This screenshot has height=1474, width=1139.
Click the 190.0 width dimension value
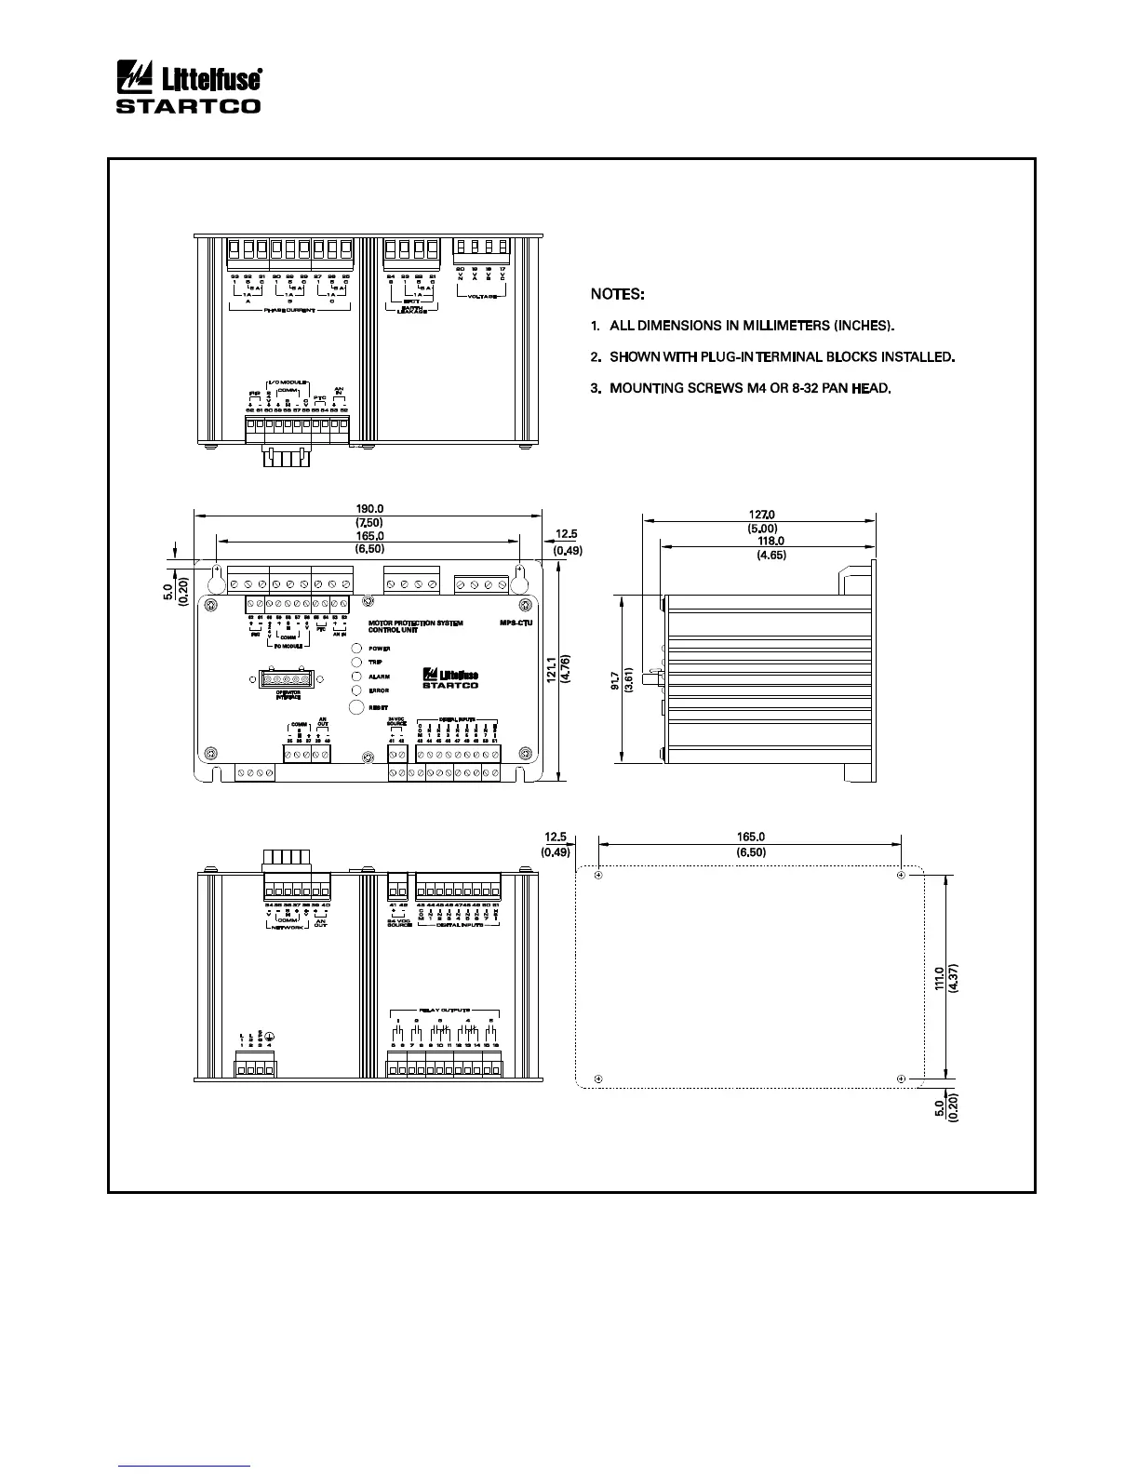click(369, 509)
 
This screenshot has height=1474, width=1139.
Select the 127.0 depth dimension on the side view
click(761, 514)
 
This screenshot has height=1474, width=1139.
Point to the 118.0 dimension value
click(771, 541)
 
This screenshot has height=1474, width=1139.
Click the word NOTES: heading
click(617, 294)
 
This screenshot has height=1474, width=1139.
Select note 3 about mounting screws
click(741, 387)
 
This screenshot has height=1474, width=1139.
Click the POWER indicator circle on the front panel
click(355, 649)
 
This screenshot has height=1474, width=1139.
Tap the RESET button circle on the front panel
click(355, 707)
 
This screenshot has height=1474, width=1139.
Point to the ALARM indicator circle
click(355, 677)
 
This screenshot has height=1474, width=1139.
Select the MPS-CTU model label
click(516, 623)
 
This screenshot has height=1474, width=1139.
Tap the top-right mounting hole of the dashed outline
click(901, 876)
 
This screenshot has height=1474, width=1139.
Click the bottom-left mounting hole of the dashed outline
click(598, 1079)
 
